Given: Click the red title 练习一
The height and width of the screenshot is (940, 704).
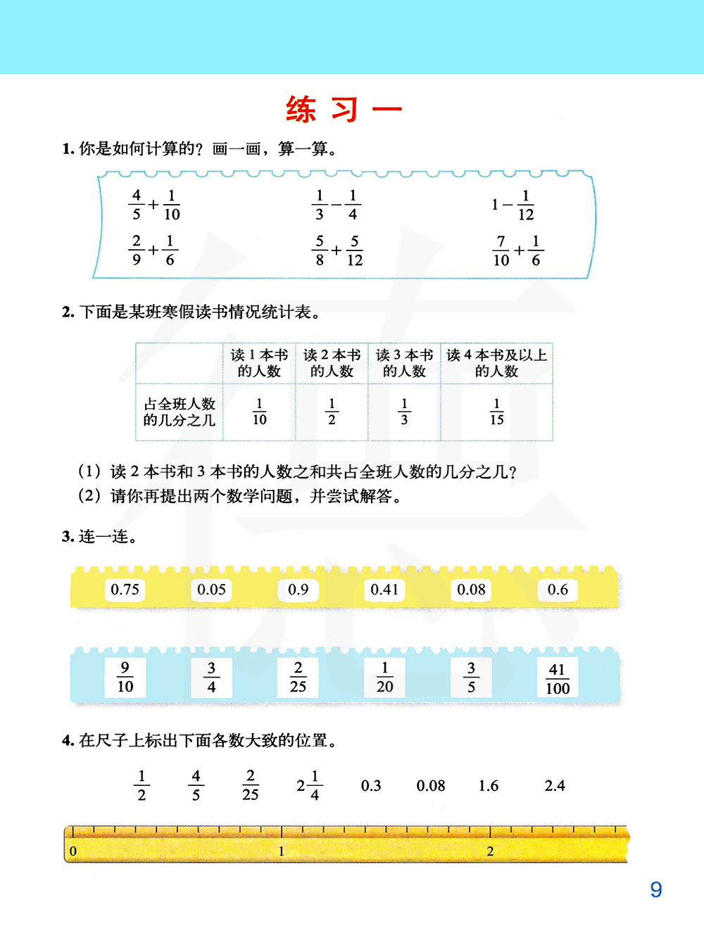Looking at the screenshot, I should point(344,110).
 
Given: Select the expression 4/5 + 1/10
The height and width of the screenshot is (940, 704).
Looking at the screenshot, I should point(154,205).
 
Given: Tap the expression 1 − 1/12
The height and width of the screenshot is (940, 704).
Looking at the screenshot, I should point(513,205).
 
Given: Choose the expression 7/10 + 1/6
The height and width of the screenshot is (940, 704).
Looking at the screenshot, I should point(517,250).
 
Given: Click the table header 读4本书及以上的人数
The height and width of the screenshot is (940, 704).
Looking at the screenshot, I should point(496,363).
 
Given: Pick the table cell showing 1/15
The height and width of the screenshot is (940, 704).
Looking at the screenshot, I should point(496,412).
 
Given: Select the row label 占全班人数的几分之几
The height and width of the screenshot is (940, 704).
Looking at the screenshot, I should point(180,412).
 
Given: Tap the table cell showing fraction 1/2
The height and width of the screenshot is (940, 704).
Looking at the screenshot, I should point(332,412).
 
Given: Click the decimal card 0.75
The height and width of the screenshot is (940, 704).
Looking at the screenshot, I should point(125,590).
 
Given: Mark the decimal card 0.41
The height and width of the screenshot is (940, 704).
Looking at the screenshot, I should point(384,590).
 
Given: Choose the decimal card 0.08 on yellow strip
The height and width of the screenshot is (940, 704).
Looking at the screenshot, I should point(471,590).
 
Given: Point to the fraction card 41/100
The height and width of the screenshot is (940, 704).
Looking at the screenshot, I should point(558,678).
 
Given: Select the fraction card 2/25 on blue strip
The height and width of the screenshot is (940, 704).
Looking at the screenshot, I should point(298,678).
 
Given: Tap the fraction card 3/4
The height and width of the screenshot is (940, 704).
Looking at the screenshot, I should point(211,678).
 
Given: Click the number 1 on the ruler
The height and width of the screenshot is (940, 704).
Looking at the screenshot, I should point(282,851).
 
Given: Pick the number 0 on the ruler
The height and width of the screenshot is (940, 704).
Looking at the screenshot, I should point(73,851).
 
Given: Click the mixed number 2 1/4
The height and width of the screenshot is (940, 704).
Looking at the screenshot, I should point(308,785).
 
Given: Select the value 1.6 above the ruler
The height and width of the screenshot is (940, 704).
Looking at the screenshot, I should point(489,786).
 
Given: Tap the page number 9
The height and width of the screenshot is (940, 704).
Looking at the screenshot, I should point(656,890).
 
